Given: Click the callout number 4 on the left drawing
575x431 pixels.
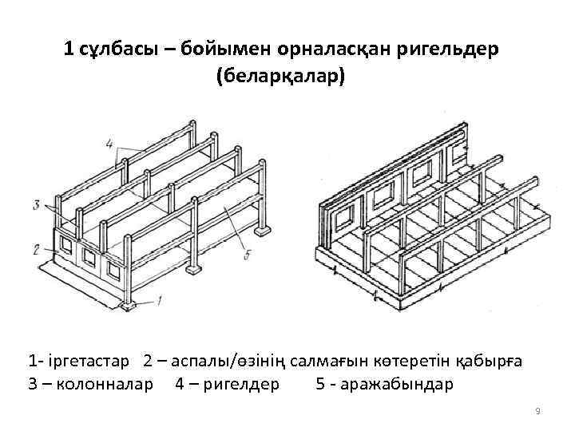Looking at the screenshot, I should [x=109, y=144].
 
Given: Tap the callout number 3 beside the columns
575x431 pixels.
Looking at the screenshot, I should [x=36, y=205].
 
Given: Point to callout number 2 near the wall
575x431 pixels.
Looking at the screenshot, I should [x=36, y=249].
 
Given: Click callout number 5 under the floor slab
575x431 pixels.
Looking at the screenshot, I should [x=248, y=255].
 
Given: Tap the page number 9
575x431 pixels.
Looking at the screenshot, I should [x=537, y=411].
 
